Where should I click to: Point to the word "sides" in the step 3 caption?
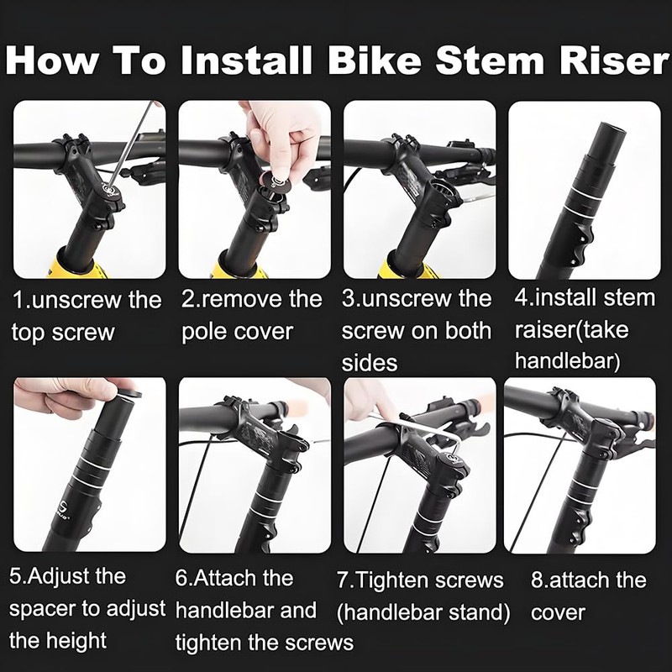pyautogui.click(x=370, y=363)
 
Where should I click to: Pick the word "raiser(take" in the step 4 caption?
pyautogui.click(x=571, y=330)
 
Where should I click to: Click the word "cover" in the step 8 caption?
pyautogui.click(x=558, y=613)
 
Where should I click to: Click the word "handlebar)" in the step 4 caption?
pyautogui.click(x=568, y=361)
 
